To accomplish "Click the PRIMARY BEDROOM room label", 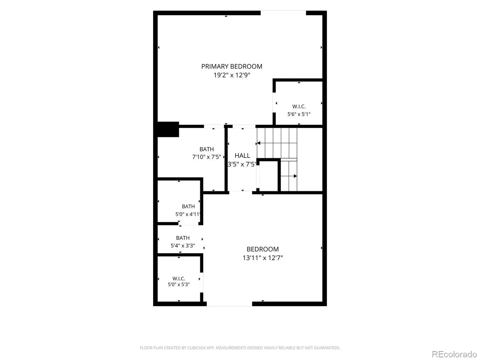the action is click(232, 66).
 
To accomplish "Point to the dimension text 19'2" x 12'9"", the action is click(232, 75).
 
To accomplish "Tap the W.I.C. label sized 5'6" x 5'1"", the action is click(299, 106).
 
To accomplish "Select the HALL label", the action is click(242, 155).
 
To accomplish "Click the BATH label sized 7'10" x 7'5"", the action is click(206, 149).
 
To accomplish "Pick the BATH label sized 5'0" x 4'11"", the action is click(188, 206).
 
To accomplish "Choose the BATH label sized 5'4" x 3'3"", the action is click(183, 238).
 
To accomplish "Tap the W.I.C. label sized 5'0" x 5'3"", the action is click(179, 278).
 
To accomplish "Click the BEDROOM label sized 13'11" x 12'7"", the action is click(262, 249).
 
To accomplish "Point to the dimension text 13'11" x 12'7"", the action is click(262, 258).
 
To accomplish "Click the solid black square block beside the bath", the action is click(168, 129).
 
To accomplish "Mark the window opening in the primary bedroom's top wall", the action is click(283, 13).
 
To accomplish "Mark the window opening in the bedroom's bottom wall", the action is click(229, 304).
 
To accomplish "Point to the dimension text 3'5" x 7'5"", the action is click(242, 164).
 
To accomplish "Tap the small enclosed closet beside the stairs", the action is click(268, 176).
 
